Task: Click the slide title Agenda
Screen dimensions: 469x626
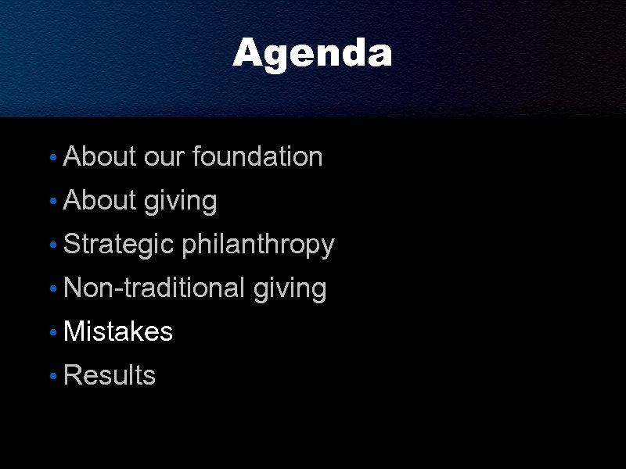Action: tap(312, 54)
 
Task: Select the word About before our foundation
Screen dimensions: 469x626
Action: tap(99, 157)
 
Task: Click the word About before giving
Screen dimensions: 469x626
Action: tap(99, 201)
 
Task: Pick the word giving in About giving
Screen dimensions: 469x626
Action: tap(180, 202)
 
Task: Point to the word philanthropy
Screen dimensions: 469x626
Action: tap(257, 245)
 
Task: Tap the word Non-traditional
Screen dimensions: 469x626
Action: tap(154, 288)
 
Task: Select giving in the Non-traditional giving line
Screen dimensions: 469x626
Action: tap(290, 289)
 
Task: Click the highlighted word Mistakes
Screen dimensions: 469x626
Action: tap(117, 332)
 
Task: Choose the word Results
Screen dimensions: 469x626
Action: tap(110, 376)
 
